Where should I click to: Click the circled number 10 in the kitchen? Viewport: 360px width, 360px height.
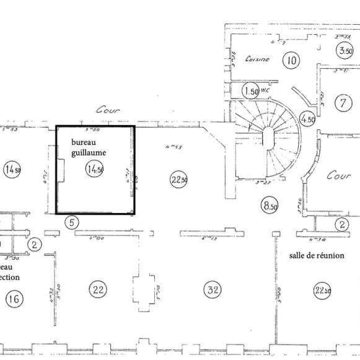(290, 60)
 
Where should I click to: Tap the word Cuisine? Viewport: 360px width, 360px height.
(257, 59)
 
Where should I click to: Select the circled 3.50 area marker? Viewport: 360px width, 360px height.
(345, 51)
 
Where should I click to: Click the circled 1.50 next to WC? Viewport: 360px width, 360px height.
(250, 91)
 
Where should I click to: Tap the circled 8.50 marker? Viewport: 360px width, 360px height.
(270, 205)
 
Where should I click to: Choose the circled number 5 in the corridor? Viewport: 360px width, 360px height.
(72, 222)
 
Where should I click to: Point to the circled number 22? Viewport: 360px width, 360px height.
(97, 288)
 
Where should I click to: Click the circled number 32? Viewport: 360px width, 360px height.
(213, 289)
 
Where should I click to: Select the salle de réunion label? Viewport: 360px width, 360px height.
(316, 255)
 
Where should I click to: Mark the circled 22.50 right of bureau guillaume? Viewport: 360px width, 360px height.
(178, 180)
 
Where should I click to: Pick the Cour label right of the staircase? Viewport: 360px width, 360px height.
(338, 176)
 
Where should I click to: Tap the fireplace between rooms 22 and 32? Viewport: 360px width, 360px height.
(142, 289)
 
